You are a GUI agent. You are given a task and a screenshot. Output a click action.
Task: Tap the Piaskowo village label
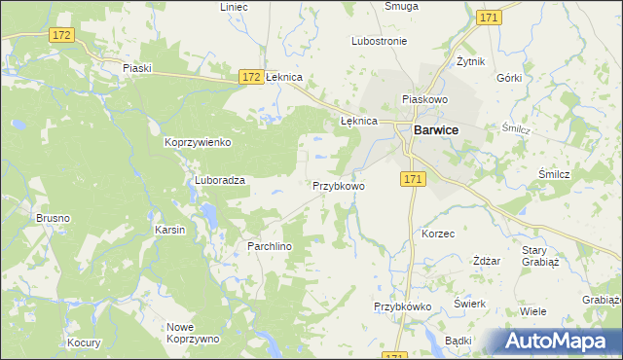[x=423, y=99]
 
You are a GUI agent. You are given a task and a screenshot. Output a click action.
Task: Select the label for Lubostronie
[x=379, y=42]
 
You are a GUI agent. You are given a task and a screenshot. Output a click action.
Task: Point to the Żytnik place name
[x=471, y=60]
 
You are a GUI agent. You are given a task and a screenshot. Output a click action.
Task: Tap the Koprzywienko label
[x=198, y=142]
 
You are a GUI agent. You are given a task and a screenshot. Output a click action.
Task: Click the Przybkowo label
[x=338, y=185]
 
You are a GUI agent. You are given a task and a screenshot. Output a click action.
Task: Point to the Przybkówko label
[x=402, y=306]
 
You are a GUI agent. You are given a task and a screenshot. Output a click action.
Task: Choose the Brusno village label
[x=53, y=218]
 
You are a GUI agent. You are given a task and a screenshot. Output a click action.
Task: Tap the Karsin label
[x=169, y=230]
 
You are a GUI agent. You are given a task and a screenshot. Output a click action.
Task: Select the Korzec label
[x=438, y=234]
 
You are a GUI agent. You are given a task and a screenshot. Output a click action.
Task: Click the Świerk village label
[x=470, y=303]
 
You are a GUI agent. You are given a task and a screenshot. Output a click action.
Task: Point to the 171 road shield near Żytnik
[x=490, y=18]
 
